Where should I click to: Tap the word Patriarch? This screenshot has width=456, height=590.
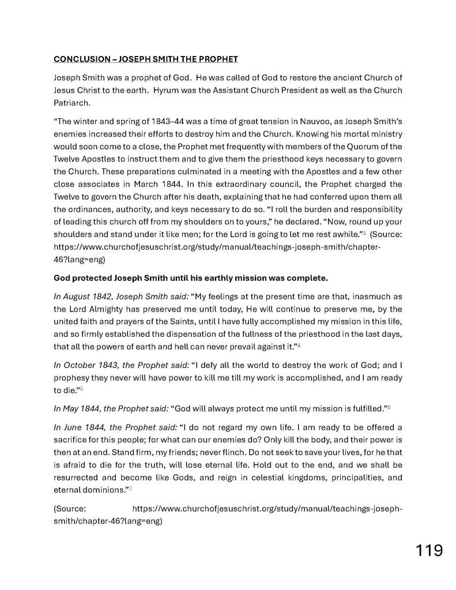[x=71, y=104]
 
